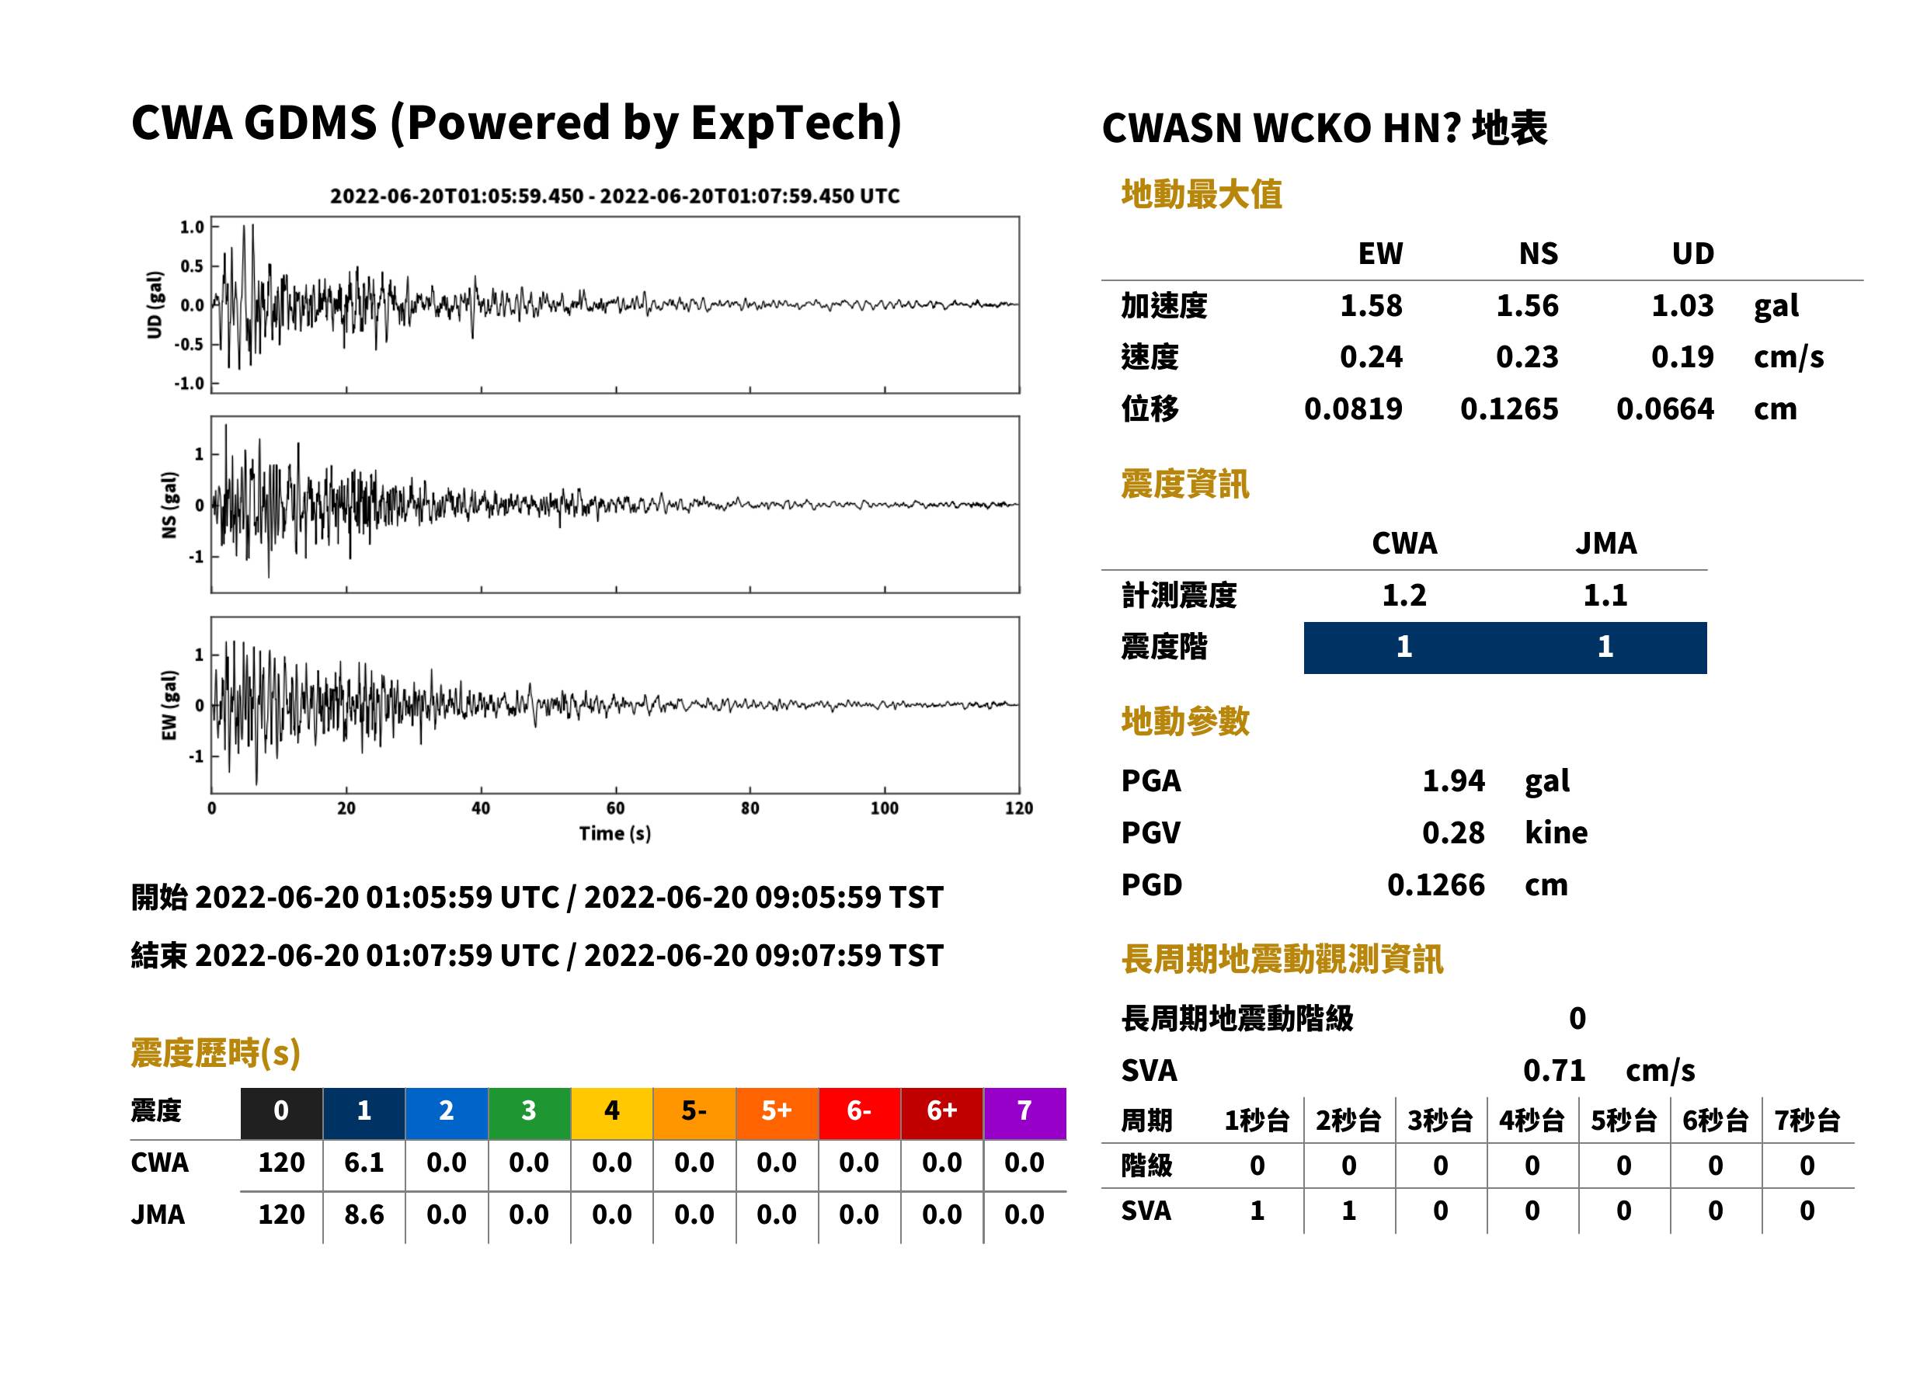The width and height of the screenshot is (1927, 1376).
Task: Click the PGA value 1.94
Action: [1452, 780]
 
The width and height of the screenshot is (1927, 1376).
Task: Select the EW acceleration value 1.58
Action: [1370, 305]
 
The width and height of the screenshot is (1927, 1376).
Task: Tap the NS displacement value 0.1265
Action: [1508, 408]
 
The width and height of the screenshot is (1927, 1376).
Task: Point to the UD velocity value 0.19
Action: [1682, 356]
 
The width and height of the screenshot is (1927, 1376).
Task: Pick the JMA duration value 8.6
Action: [363, 1214]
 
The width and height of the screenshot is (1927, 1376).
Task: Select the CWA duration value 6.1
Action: [363, 1162]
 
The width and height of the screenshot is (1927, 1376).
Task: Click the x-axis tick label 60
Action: [615, 808]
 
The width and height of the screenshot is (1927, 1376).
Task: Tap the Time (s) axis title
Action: [615, 834]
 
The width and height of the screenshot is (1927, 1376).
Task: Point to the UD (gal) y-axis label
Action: [155, 305]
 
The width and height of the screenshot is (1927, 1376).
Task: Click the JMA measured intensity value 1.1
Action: [1605, 595]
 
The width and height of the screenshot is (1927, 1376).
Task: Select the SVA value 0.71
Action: [1553, 1070]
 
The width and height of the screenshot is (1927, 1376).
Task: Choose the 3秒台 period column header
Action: [1440, 1120]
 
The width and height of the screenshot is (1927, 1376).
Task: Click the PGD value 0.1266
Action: [1435, 884]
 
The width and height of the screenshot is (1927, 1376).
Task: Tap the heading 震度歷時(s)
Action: [216, 1053]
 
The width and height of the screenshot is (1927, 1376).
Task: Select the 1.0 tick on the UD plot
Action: [193, 227]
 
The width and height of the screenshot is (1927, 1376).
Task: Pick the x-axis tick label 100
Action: [884, 808]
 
